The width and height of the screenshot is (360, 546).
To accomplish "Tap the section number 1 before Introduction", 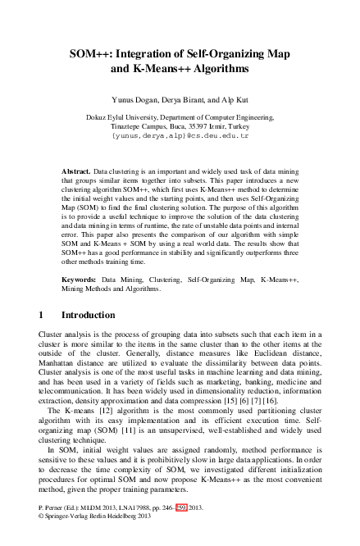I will click(x=42, y=315).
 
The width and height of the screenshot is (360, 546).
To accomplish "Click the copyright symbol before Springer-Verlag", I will click(x=42, y=539).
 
